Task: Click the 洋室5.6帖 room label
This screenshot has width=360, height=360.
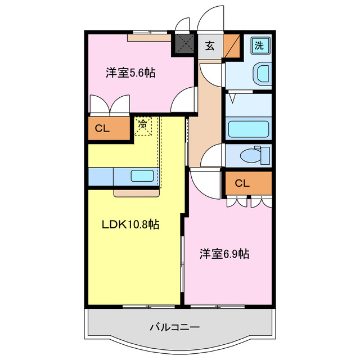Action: point(130,73)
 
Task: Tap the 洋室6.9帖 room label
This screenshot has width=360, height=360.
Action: point(224,254)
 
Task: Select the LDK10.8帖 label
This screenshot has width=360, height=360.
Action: point(130,224)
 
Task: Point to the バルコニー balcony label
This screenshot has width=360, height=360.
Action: point(174,326)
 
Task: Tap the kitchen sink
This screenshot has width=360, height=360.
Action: point(141,175)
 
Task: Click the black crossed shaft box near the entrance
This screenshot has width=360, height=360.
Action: point(184,44)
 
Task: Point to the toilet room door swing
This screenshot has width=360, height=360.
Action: point(213,155)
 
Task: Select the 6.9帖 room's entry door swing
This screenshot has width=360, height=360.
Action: point(200,182)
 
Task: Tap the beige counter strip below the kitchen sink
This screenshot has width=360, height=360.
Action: point(137,193)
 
